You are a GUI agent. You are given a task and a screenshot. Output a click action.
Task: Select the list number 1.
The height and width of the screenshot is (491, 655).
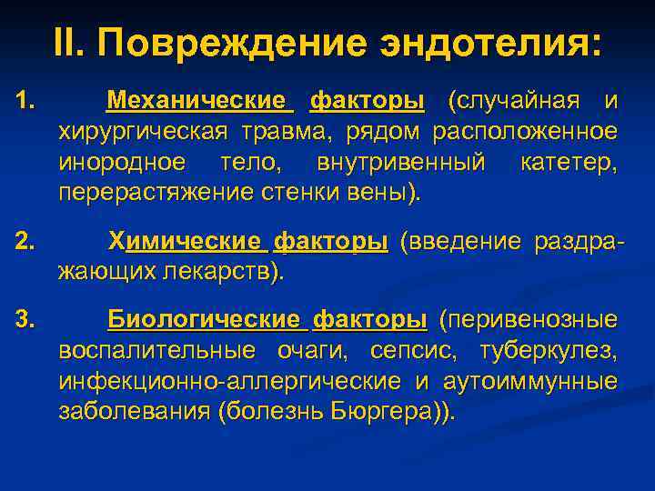coord(25,99)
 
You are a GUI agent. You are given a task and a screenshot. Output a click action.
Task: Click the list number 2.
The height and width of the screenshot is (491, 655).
coord(25,242)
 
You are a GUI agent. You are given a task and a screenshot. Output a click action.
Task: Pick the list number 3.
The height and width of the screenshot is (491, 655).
coord(25,319)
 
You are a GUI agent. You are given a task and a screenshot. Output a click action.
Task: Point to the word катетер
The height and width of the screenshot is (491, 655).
coord(569,163)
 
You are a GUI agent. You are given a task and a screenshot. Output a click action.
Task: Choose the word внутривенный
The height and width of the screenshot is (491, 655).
coord(402,163)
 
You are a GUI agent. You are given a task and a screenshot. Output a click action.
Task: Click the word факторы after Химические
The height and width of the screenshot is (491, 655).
coord(330,242)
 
